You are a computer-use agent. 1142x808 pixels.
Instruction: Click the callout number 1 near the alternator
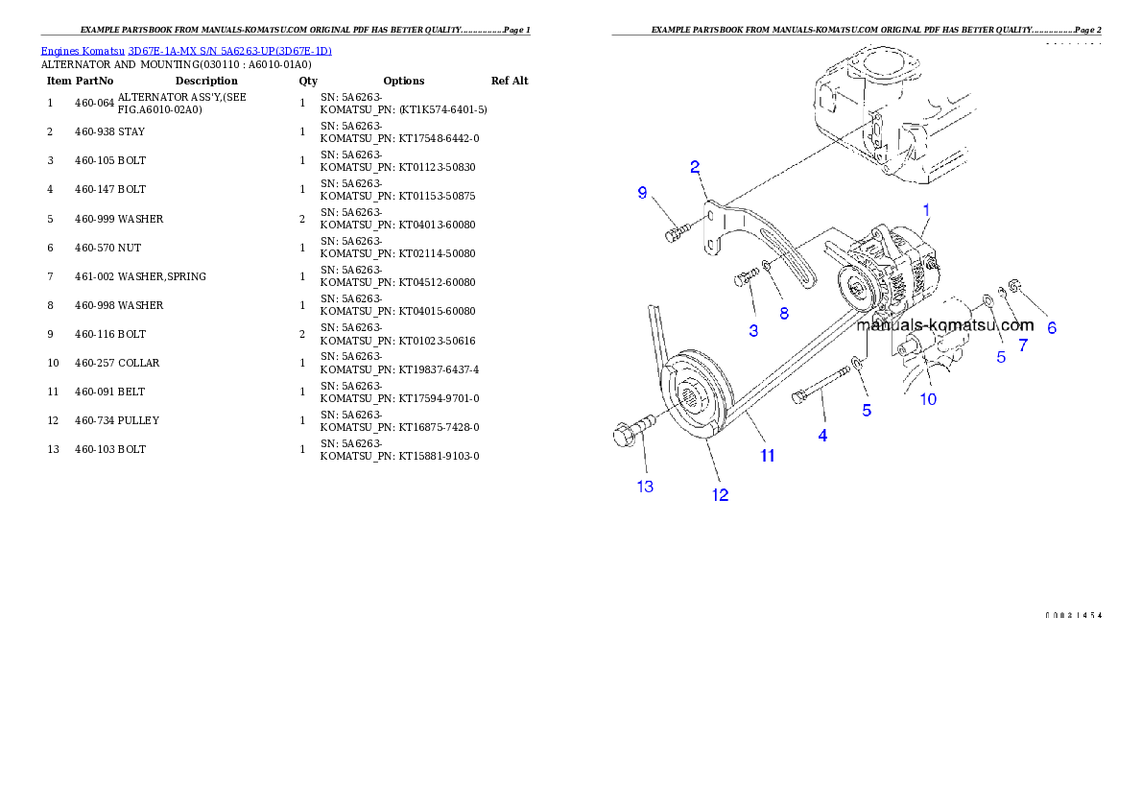927,208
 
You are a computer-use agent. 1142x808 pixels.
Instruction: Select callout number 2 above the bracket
695,167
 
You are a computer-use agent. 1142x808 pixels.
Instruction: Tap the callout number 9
643,193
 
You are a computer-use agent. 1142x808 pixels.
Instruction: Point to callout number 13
645,487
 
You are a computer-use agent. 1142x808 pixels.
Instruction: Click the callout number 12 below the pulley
720,495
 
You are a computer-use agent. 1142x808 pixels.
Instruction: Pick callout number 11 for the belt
768,456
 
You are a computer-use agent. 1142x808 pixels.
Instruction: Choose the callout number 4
822,435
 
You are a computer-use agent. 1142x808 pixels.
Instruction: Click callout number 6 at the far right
1052,327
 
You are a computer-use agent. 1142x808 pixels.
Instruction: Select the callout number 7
1023,345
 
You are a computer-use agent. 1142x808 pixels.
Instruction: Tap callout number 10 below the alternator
928,398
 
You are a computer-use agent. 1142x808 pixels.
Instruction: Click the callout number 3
753,330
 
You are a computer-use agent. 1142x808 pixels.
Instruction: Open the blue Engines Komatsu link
186,51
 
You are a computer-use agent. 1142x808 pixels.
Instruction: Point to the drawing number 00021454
1073,615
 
